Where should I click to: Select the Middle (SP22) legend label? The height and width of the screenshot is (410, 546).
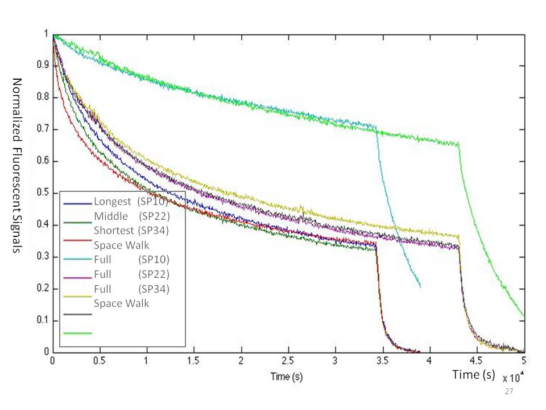click(x=133, y=216)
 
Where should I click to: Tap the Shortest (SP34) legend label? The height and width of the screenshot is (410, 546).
click(x=132, y=230)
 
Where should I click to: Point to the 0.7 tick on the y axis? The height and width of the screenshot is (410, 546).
click(x=45, y=129)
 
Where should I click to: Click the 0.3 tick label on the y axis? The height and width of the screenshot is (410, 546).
click(x=45, y=257)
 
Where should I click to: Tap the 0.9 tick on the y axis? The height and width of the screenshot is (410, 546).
click(x=45, y=65)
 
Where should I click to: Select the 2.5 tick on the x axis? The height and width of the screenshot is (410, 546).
click(x=288, y=360)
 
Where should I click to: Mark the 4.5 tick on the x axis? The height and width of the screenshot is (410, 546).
click(x=477, y=360)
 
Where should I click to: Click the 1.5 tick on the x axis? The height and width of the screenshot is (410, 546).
click(x=194, y=360)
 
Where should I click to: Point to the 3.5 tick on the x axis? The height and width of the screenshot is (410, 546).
click(x=382, y=360)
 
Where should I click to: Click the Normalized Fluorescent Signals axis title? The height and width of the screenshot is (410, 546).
click(x=16, y=166)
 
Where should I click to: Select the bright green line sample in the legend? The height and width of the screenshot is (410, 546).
click(x=77, y=333)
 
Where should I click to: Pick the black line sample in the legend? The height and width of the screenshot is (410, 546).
click(x=77, y=314)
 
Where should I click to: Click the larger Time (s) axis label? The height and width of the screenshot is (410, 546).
click(x=474, y=374)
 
